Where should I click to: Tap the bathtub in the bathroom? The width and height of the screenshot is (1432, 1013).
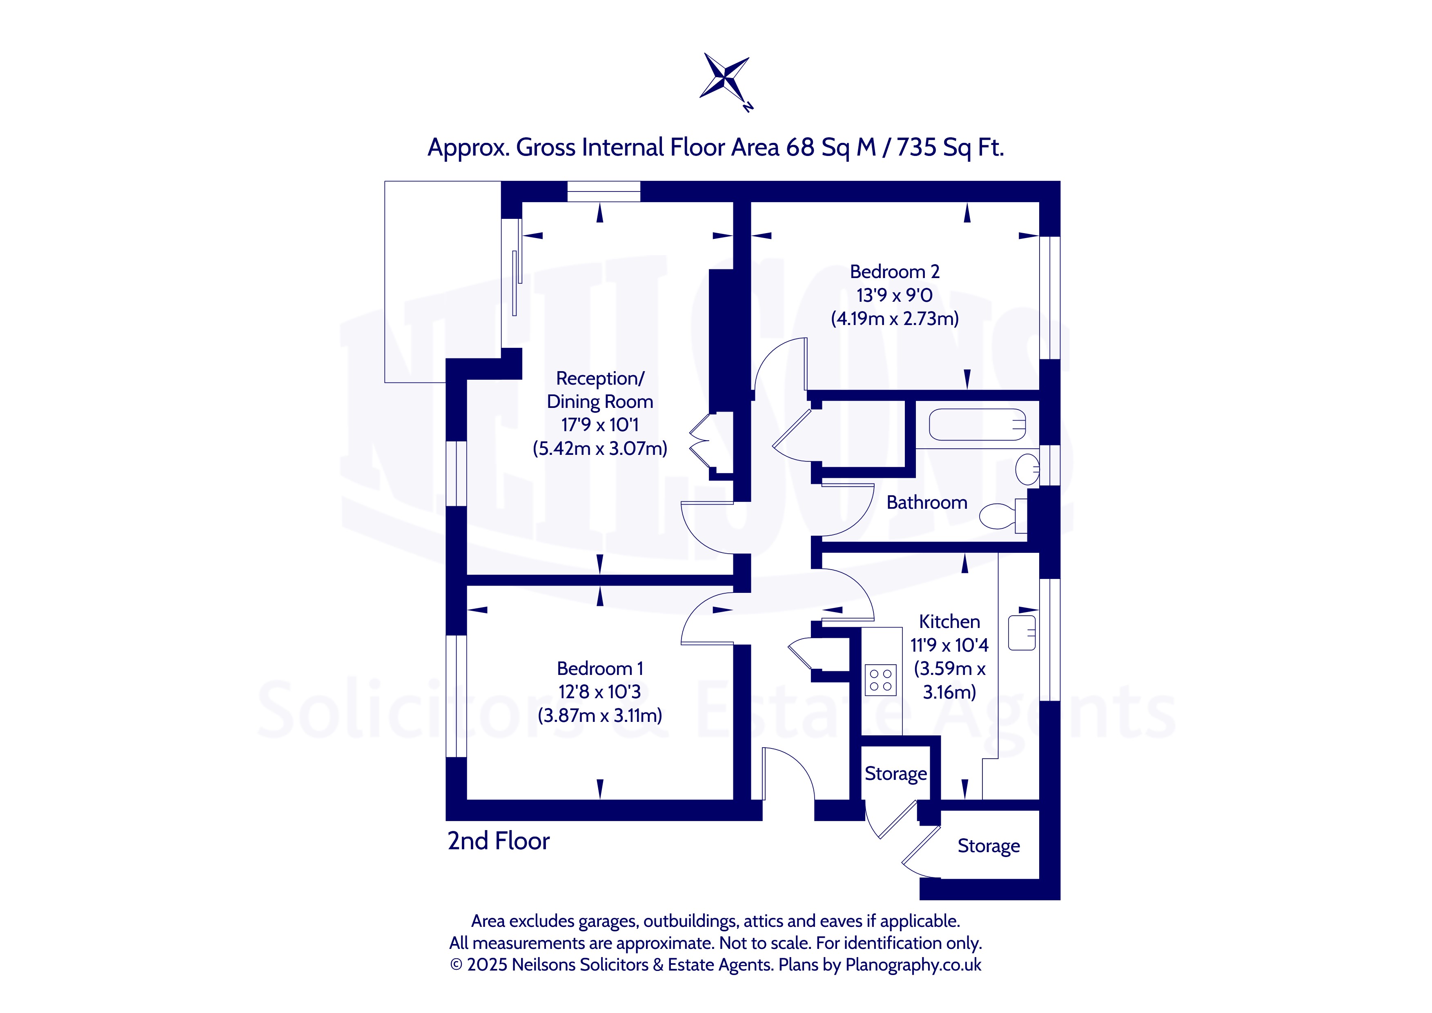click(977, 425)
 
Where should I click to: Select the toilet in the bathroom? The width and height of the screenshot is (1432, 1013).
click(1002, 516)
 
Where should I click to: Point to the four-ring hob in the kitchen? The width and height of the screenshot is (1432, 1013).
click(881, 680)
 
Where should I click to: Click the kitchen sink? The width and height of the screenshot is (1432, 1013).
click(1022, 633)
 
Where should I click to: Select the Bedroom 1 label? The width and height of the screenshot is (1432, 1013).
click(599, 669)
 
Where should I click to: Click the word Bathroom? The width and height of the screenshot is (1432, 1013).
click(927, 502)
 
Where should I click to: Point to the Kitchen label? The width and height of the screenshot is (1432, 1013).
click(949, 621)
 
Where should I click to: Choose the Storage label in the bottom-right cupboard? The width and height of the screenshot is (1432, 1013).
click(989, 846)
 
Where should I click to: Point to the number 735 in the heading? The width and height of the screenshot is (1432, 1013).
click(916, 147)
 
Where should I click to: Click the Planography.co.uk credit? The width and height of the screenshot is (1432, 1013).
click(913, 965)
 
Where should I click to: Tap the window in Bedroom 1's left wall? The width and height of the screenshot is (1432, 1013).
click(457, 696)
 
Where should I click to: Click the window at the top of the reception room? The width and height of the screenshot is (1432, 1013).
click(603, 191)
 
